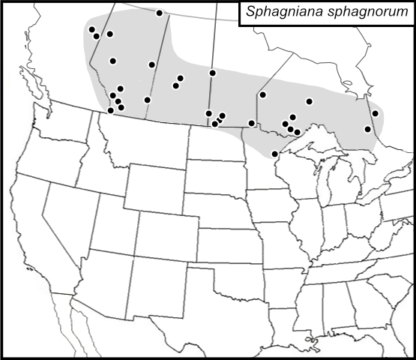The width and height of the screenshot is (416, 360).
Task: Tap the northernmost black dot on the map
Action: coord(159,13)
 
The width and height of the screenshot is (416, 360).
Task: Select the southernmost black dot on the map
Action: coord(275,154)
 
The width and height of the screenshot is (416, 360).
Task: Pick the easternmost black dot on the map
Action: coord(375,113)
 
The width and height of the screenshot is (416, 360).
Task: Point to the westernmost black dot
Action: coord(91,30)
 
